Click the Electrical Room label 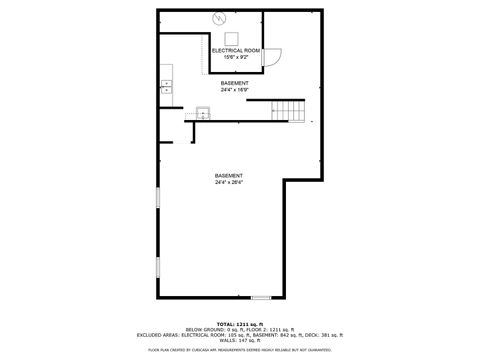236,50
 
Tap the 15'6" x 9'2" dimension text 236,57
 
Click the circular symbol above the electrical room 220,17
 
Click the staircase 289,109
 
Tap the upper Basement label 235,83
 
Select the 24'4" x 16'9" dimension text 235,90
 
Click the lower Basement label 228,176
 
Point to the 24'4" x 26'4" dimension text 228,183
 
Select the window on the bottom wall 260,297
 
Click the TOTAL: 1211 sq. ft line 240,323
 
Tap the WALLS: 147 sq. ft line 240,341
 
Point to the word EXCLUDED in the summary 150,335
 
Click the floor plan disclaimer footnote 240,350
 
